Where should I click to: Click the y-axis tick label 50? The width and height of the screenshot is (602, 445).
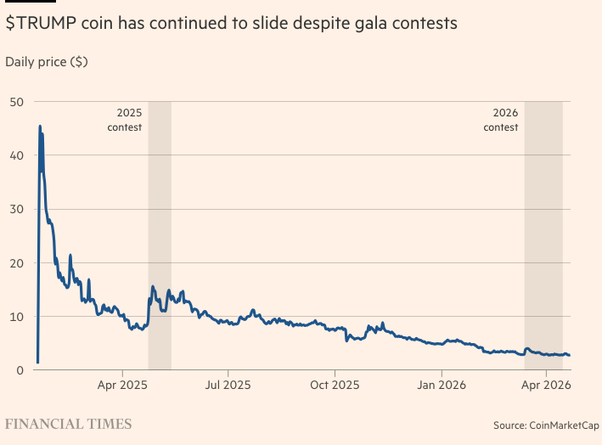tap(16, 102)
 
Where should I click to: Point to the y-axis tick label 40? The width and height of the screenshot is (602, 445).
tap(16, 155)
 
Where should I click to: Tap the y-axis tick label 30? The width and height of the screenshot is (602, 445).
tap(16, 209)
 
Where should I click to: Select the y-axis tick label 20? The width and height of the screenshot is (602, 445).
tap(16, 263)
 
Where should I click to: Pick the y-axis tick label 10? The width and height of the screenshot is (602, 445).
tap(16, 317)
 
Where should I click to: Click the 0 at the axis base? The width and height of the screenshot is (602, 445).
tap(20, 370)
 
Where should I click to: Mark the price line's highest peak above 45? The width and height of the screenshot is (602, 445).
tap(39, 127)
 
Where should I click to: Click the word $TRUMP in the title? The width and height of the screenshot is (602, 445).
tap(41, 24)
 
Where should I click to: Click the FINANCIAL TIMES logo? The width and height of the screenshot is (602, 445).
tap(69, 423)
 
